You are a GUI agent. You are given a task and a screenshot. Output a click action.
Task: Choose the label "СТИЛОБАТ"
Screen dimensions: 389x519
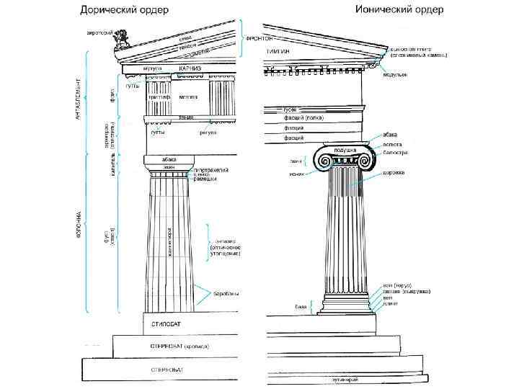click(x=167, y=324)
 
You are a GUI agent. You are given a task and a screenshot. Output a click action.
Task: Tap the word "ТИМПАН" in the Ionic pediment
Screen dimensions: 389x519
click(x=280, y=53)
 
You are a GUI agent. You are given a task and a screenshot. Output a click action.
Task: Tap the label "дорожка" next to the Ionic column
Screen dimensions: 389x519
click(x=394, y=173)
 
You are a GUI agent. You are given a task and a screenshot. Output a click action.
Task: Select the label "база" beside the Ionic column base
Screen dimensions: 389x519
click(x=301, y=307)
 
